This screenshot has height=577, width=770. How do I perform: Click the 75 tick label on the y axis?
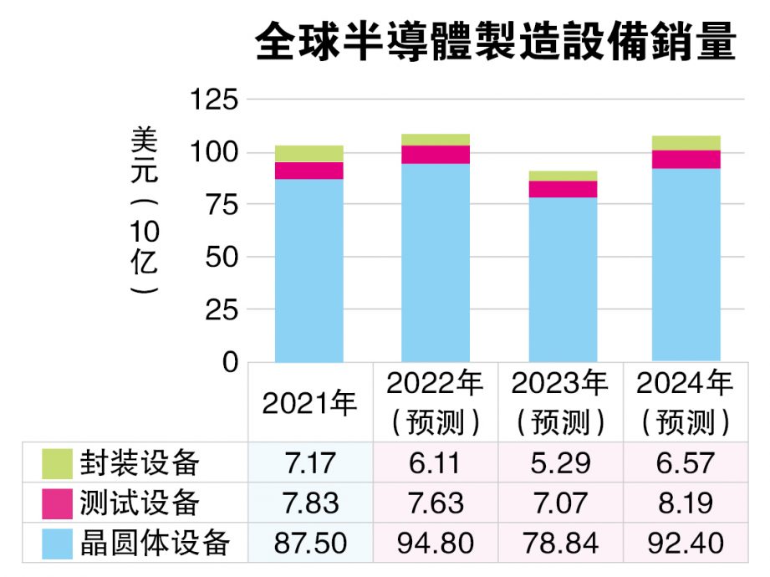pos(219,205)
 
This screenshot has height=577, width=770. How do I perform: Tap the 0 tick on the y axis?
pos(231,362)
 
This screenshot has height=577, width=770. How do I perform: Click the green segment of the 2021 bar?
pos(309,153)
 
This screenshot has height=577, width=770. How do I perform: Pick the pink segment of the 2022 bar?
pos(435,154)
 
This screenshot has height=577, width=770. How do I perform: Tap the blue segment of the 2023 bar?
pos(561,280)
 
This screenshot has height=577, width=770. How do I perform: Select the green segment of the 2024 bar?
pos(686,143)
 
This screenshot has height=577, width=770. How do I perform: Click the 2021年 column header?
pos(309,402)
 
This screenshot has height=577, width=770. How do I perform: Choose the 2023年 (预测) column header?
pos(560,402)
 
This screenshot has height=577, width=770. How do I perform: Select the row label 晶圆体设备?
pos(154,544)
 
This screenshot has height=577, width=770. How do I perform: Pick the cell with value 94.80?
pos(435,544)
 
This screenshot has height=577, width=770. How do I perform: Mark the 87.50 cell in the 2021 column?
pos(309,544)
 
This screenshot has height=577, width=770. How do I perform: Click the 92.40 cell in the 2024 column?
pos(686,544)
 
